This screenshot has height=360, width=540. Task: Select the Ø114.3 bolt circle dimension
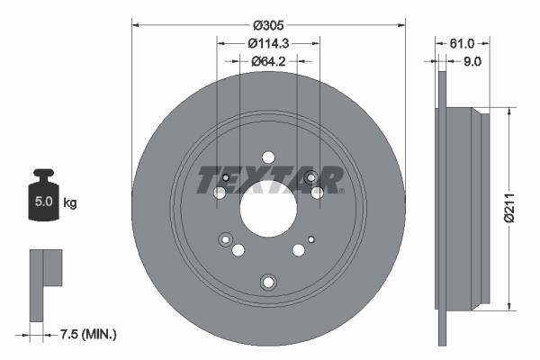[x=268, y=42]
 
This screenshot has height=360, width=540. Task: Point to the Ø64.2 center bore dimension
[x=268, y=60]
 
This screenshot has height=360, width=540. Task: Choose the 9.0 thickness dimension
[x=472, y=61]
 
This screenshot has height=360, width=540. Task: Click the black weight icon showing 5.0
[x=43, y=194]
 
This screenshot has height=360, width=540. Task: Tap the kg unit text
[x=70, y=203]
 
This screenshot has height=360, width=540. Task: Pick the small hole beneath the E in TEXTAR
[x=226, y=176]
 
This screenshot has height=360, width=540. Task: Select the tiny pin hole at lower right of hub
[x=310, y=238]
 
